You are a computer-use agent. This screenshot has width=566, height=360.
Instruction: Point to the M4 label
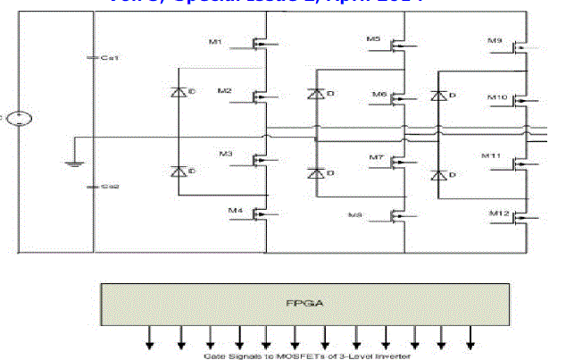tap(235, 211)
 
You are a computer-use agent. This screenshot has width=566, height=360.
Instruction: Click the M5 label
tap(373, 39)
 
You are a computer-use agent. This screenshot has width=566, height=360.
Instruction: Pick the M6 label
tap(379, 93)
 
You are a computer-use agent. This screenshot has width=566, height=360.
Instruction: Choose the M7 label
tap(377, 157)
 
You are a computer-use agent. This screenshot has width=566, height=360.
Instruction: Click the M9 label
tap(495, 41)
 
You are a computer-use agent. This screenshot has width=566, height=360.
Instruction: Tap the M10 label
tap(497, 96)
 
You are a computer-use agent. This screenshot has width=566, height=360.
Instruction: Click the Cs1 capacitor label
tap(110, 57)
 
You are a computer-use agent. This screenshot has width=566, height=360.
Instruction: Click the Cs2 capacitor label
tap(110, 188)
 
